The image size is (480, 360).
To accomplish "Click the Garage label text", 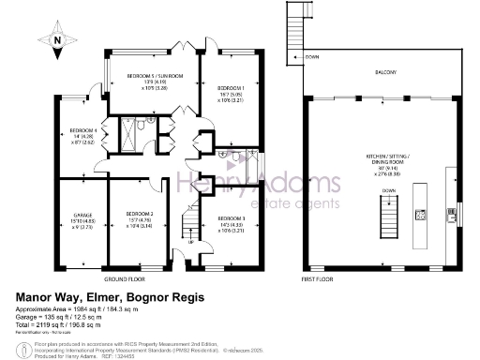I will pos(82,219).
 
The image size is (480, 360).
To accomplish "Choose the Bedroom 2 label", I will pos(139,219).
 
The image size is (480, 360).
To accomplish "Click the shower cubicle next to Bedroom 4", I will pos(119,135).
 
